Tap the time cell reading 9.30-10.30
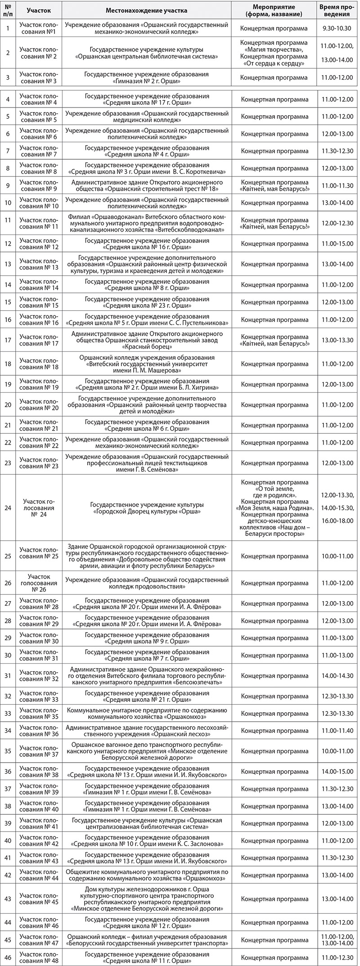pos(337,28)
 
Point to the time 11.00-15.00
pos(337,243)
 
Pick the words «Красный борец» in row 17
pos(147,347)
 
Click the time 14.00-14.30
pos(337,675)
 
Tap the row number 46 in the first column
pos(8,956)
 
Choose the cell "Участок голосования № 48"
pos(39,956)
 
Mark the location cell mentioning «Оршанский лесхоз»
pos(147,730)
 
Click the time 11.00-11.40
pos(337,730)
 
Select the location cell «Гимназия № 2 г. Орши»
pos(147,78)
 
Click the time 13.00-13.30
pos(337,340)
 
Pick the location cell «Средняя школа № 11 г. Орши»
pos(147,956)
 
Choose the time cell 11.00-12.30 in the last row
pos(337,956)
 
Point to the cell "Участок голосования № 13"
pos(39,264)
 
